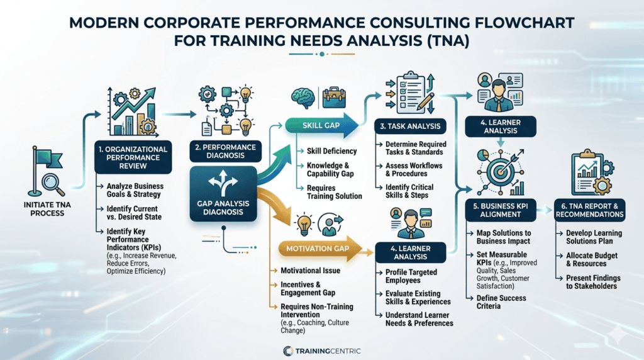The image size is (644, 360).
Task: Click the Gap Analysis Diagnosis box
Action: pyautogui.click(x=223, y=194)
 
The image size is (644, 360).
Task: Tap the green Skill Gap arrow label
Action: pyautogui.click(x=321, y=125)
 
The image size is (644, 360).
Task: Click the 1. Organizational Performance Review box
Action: pyautogui.click(x=133, y=157)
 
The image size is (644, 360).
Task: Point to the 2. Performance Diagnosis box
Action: pyautogui.click(x=226, y=151)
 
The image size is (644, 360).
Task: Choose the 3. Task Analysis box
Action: pyautogui.click(x=410, y=126)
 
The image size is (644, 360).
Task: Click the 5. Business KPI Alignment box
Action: pyautogui.click(x=500, y=210)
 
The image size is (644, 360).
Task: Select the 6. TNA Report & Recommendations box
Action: pyautogui.click(x=590, y=210)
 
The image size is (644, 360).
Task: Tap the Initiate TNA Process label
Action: pyautogui.click(x=47, y=209)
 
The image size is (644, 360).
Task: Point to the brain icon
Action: pyautogui.click(x=304, y=98)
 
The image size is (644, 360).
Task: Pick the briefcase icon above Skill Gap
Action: pyautogui.click(x=334, y=98)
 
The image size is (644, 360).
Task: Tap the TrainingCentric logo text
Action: pyautogui.click(x=328, y=351)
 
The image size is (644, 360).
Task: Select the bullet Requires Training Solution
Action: pyautogui.click(x=335, y=192)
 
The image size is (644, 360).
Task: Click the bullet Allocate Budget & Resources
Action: pyautogui.click(x=591, y=259)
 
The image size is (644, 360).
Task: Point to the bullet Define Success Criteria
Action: pyautogui.click(x=501, y=302)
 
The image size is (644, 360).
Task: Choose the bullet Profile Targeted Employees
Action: pyautogui.click(x=411, y=276)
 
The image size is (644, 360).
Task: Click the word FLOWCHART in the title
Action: pyautogui.click(x=525, y=23)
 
